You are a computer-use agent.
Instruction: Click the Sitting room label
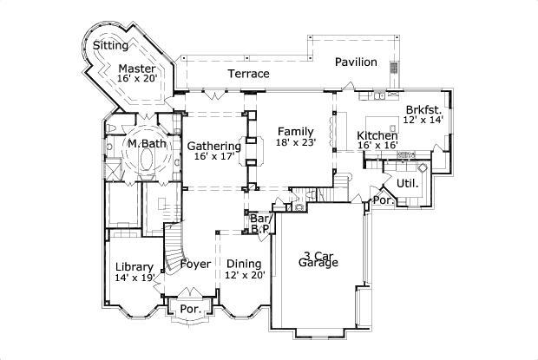[110, 45]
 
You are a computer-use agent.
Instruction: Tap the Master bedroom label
[137, 68]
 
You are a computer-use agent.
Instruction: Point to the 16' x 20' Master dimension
[137, 79]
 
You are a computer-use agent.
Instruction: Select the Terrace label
[248, 75]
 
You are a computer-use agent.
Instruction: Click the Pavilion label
[357, 62]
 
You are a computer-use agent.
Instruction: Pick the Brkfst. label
[423, 110]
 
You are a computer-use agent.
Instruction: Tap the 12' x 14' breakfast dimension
[423, 121]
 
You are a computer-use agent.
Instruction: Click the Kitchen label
[377, 136]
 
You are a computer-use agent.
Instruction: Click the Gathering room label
[213, 146]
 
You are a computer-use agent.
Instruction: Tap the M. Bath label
[147, 143]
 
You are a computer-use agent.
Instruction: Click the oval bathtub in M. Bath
[146, 161]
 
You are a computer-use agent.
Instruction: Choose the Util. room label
[408, 184]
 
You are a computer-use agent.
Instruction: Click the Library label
[134, 266]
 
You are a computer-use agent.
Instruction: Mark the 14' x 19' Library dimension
[134, 278]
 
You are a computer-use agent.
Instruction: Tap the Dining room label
[244, 263]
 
